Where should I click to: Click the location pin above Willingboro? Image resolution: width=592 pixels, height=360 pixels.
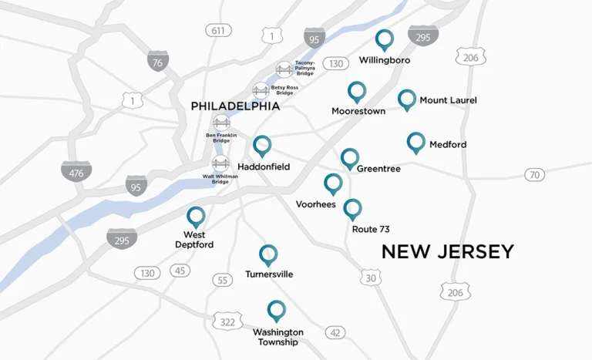point(384,39)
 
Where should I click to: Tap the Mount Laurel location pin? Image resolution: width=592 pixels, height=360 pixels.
point(407,99)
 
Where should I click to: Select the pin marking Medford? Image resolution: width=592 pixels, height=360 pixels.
point(416,142)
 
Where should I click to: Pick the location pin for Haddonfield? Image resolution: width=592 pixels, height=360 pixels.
point(262,145)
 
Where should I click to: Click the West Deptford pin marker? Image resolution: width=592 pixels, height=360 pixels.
point(196,217)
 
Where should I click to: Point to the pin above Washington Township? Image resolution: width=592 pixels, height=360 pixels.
point(276,310)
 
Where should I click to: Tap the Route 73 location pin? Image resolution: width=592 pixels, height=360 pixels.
point(352,208)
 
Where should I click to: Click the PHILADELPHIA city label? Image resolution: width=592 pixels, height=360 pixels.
point(235,106)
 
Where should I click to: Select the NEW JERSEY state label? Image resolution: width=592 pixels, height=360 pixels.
point(447,251)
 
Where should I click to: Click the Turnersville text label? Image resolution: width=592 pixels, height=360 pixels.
point(269,274)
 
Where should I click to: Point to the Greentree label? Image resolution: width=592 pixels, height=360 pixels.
point(378,169)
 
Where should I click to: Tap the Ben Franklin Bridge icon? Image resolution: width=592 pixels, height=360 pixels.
point(222,123)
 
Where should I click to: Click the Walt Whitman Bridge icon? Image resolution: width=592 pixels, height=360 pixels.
point(220,163)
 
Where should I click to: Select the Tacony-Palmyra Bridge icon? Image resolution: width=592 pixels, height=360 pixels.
point(284,69)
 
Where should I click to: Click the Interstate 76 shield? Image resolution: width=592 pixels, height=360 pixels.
point(158,62)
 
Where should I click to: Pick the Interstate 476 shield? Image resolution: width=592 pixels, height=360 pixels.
point(76,172)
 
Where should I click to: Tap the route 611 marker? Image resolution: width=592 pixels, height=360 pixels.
point(219,30)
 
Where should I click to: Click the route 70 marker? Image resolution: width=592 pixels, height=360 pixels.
point(535,175)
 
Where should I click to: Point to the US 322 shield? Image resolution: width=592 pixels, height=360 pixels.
point(227,321)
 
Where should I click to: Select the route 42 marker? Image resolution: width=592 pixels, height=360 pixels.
point(335,332)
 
